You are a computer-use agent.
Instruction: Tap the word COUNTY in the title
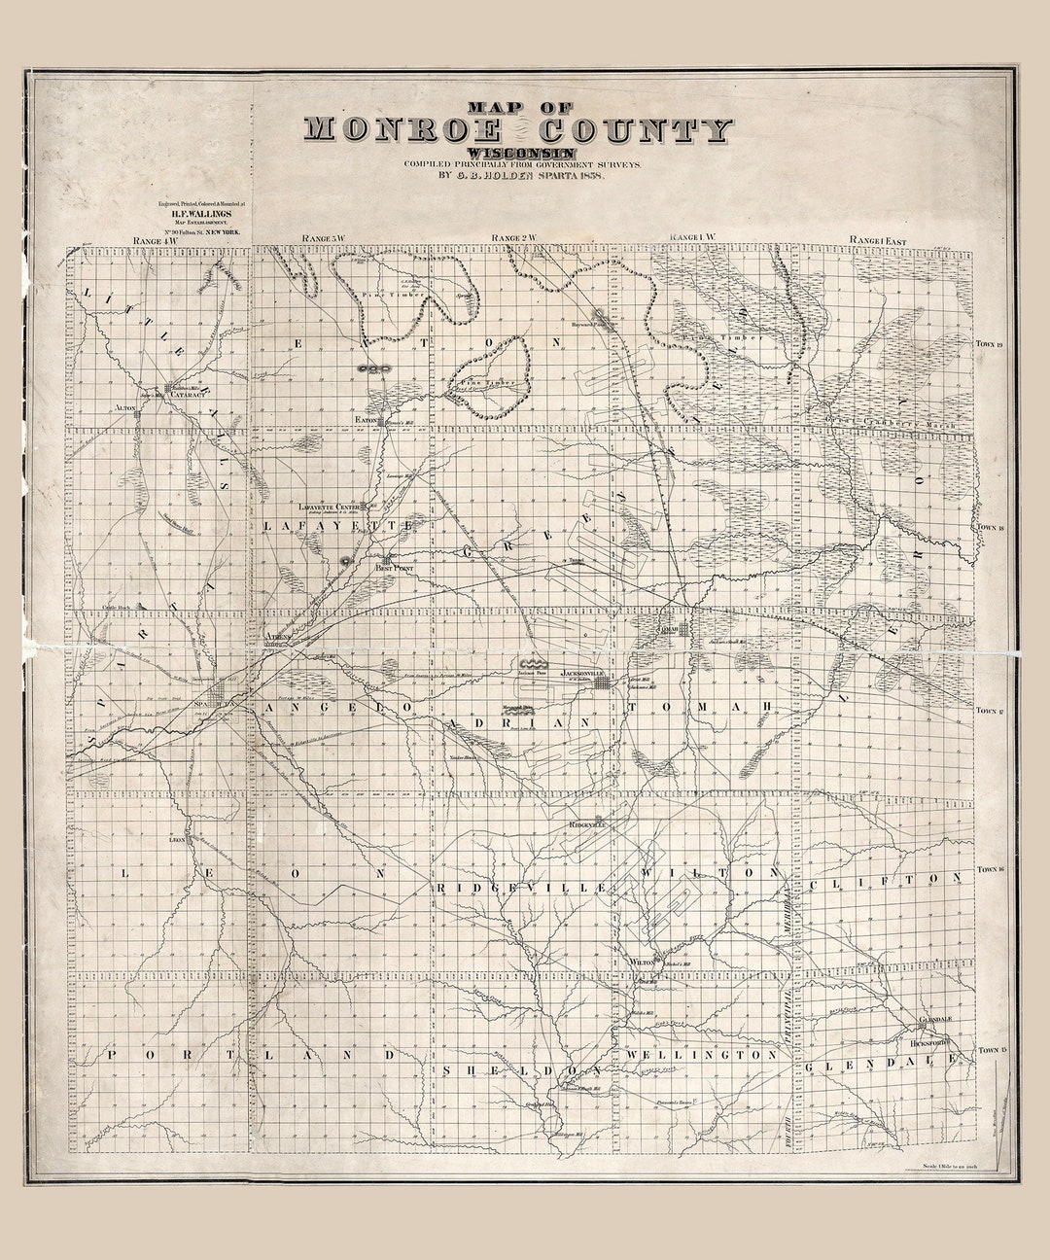637,129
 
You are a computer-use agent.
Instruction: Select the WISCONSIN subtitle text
520,153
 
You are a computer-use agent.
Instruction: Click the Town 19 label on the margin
991,344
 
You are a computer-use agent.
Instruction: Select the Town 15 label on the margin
991,1051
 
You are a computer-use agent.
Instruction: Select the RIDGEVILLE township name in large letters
522,888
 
